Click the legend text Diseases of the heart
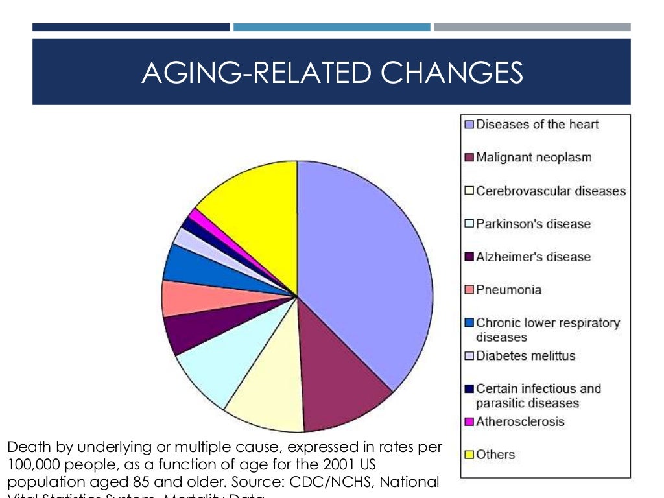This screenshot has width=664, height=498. (538, 124)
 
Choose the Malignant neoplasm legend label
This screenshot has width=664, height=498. (534, 158)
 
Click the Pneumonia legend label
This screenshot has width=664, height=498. (508, 290)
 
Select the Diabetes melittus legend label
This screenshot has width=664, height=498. (525, 356)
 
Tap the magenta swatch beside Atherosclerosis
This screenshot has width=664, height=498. (469, 422)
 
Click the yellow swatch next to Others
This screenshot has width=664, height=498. (469, 455)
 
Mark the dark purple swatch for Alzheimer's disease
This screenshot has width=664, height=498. (469, 257)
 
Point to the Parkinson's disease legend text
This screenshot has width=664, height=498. (533, 224)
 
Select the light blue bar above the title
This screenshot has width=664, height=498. (331, 27)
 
